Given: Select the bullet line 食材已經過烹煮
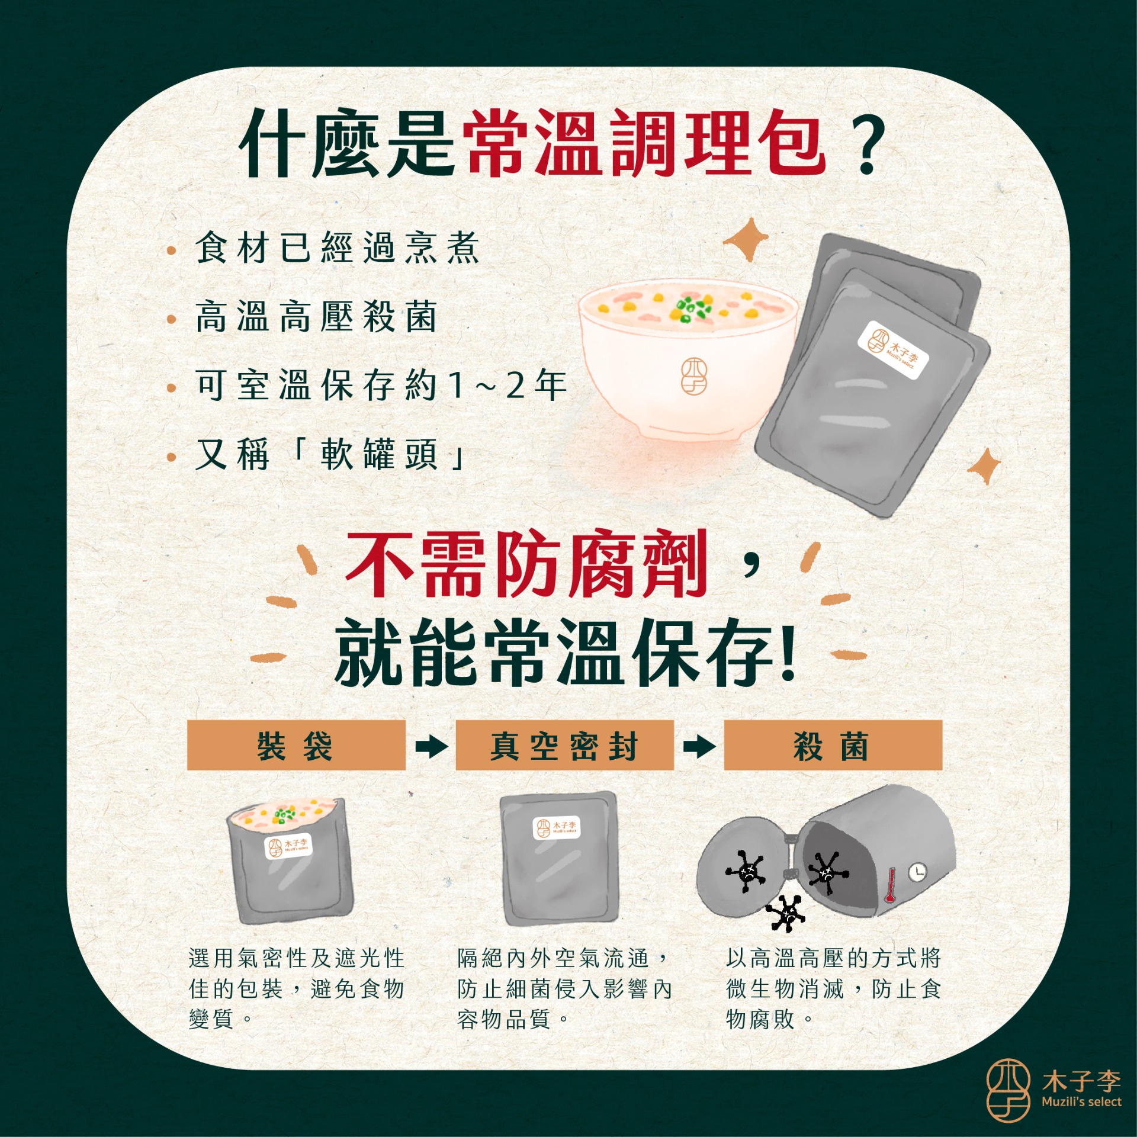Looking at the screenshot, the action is pos(337,248).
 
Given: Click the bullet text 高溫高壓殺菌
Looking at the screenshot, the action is pos(316,317).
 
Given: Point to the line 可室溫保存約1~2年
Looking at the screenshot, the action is pos(381,385).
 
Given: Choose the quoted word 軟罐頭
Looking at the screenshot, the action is pos(378,454).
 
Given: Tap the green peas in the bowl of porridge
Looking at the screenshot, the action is pos(690,309).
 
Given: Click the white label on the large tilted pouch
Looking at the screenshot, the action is pos(893,350).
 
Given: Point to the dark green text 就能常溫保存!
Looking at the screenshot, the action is pos(565,651).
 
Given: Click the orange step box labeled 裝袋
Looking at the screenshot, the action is pos(296,746).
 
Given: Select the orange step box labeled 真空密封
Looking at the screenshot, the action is pos(564,746).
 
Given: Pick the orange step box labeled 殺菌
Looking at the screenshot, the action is pos(833,746).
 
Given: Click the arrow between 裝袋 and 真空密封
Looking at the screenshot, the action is pos(431,746).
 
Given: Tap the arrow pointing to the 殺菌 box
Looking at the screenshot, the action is pos(699,746).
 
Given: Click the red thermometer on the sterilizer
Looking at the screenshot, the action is pos(889,886).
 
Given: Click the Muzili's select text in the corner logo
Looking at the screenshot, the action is pos(1081,1102).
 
